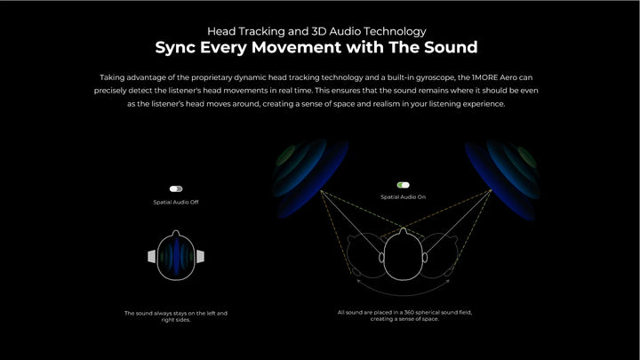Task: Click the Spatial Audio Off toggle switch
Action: pyautogui.click(x=176, y=188)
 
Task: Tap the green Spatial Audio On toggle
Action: pyautogui.click(x=403, y=185)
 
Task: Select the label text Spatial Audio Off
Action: pyautogui.click(x=176, y=202)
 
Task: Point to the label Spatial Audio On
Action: pyautogui.click(x=403, y=196)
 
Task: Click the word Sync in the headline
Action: pyautogui.click(x=175, y=47)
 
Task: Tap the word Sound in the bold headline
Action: pyautogui.click(x=451, y=47)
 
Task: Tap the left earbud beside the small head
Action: pyautogui.click(x=151, y=256)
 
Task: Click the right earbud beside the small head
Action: pyautogui.click(x=200, y=256)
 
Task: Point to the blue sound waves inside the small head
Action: pyautogui.click(x=176, y=257)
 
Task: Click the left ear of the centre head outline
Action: pyautogui.click(x=381, y=258)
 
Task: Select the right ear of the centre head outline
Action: pyautogui.click(x=425, y=258)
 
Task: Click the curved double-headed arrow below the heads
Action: pyautogui.click(x=403, y=295)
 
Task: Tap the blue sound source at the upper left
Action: pyautogui.click(x=310, y=178)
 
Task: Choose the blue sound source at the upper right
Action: pyautogui.click(x=502, y=180)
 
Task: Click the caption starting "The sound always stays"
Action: pyautogui.click(x=176, y=316)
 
